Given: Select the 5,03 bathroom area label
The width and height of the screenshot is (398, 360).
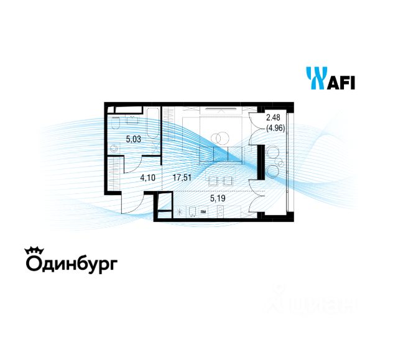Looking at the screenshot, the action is click(x=134, y=139).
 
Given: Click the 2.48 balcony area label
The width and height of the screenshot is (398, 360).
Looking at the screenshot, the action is click(x=273, y=119).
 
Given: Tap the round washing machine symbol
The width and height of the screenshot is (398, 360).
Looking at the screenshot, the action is click(x=114, y=149).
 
